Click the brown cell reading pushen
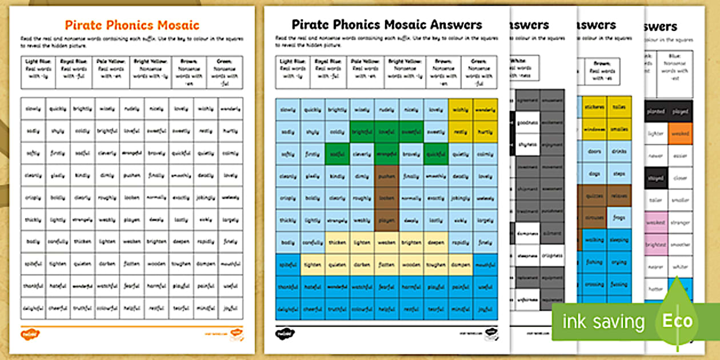coord(387,177)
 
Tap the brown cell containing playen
coord(387,220)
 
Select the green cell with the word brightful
coord(362,131)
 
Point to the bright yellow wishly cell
coord(461,110)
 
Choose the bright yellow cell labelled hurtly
coord(486,131)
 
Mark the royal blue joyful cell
coord(486,309)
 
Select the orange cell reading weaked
coord(679,134)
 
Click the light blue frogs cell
coord(619,218)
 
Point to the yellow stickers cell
coord(594,106)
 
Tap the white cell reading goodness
coord(527,123)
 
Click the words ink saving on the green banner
coord(603,322)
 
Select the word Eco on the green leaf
coord(677,321)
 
